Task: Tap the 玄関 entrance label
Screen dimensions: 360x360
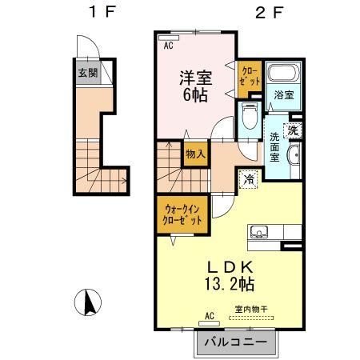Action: (87, 73)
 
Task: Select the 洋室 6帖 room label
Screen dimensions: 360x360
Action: (194, 86)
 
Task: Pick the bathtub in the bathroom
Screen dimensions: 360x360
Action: (282, 74)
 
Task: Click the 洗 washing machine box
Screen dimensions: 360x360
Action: (294, 130)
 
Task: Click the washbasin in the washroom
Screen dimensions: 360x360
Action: (294, 155)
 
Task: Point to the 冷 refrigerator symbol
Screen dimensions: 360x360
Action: (250, 180)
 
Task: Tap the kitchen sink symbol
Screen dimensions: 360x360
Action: (259, 233)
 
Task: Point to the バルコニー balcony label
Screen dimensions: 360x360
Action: (235, 342)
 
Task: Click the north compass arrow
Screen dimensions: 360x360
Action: (89, 302)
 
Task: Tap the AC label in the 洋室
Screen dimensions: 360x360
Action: (169, 46)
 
